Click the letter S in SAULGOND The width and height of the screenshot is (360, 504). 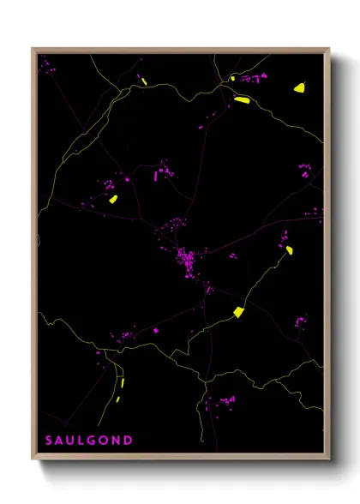point(49,441)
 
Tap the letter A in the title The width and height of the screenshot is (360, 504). point(60,441)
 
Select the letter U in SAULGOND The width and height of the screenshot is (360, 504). point(71,441)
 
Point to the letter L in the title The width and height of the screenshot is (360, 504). point(81,441)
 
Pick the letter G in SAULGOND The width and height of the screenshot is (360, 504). point(92,441)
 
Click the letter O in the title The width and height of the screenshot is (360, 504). point(104,441)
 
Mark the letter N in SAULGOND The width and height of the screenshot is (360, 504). point(116,441)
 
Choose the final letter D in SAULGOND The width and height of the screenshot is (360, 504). point(128,441)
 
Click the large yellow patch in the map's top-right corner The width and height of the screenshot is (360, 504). point(300,87)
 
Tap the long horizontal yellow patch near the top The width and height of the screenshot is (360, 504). point(241,99)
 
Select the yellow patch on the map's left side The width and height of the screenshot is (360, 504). point(113,199)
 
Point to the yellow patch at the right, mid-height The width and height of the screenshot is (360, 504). point(290,249)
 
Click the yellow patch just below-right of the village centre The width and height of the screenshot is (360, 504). point(239,312)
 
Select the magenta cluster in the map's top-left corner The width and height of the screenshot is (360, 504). point(47,66)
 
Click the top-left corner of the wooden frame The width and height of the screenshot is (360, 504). point(33,48)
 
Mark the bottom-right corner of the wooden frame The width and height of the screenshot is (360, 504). point(329,460)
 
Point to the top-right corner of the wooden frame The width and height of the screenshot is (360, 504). point(329,48)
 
